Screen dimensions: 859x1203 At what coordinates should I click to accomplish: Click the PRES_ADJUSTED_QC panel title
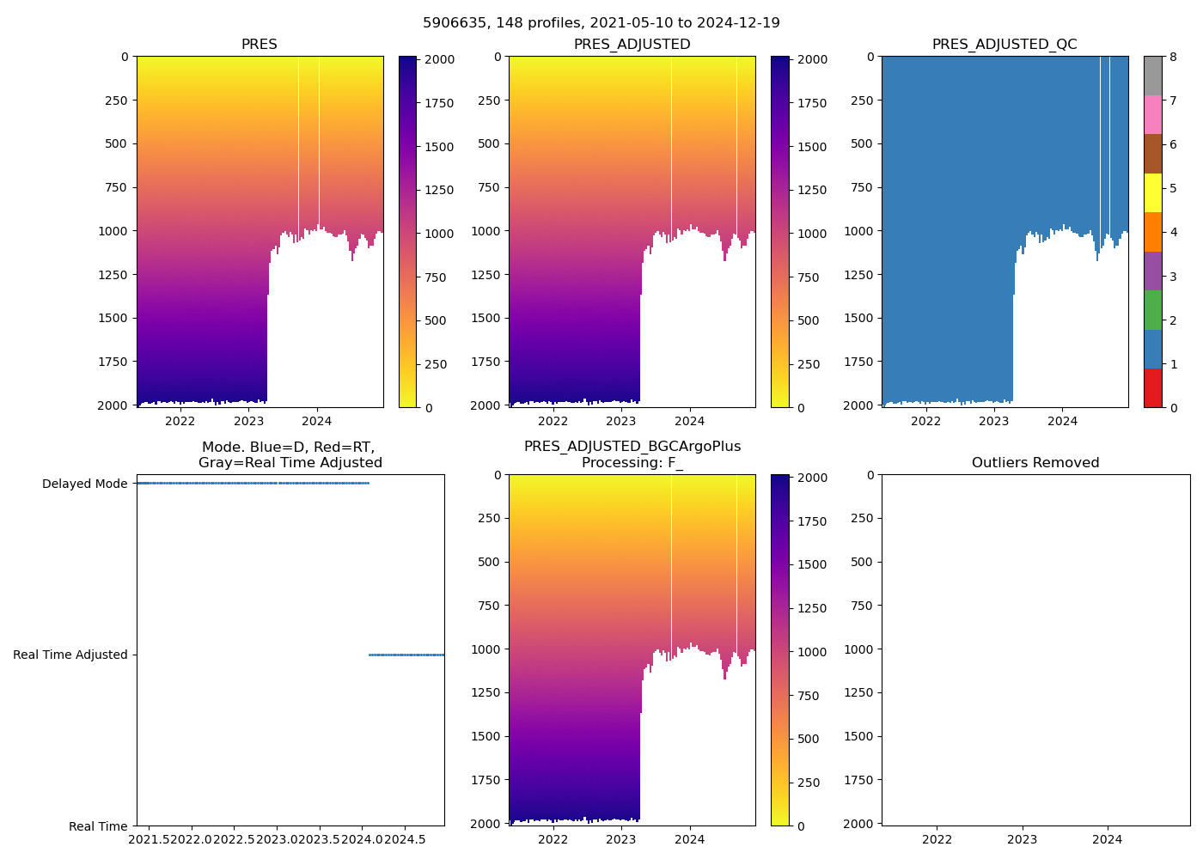point(1005,45)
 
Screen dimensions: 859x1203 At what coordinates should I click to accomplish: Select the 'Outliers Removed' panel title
point(1035,463)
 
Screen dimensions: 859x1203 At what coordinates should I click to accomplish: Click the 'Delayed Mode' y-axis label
point(84,484)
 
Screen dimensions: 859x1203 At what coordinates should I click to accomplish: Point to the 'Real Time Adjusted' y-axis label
point(70,655)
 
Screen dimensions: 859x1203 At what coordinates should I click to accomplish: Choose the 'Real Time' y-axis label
point(98,826)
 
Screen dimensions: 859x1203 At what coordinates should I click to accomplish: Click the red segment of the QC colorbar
point(1152,387)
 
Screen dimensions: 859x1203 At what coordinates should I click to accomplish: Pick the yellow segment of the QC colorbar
point(1152,192)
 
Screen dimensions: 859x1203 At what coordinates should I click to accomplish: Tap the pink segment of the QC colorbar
point(1152,114)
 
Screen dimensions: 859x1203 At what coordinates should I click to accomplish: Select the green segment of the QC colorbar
point(1152,309)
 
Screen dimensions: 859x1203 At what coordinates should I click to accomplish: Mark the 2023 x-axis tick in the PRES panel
point(248,421)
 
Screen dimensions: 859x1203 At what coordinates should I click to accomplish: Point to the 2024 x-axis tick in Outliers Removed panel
point(1107,839)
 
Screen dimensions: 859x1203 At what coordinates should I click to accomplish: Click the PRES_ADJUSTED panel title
point(632,45)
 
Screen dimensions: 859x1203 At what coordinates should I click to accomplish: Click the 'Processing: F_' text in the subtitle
point(632,463)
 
